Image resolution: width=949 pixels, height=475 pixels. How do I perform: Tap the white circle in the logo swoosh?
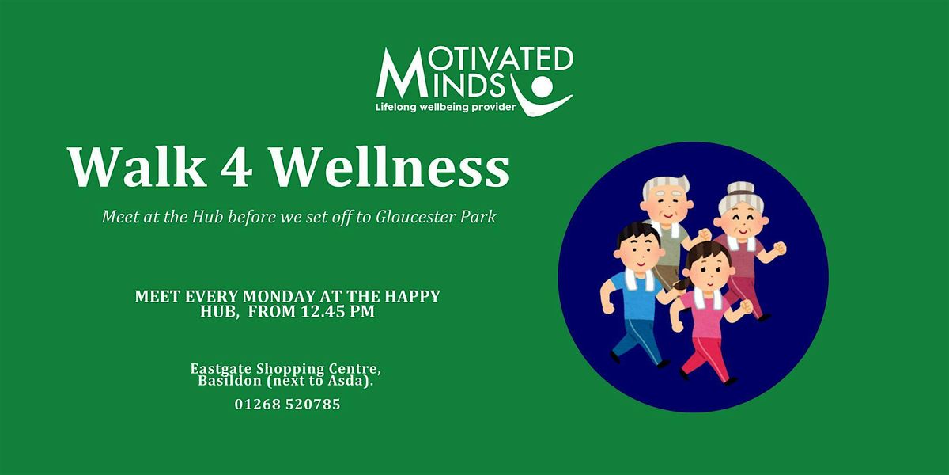click(543, 85)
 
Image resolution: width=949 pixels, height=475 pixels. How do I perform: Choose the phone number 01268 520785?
click(288, 404)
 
